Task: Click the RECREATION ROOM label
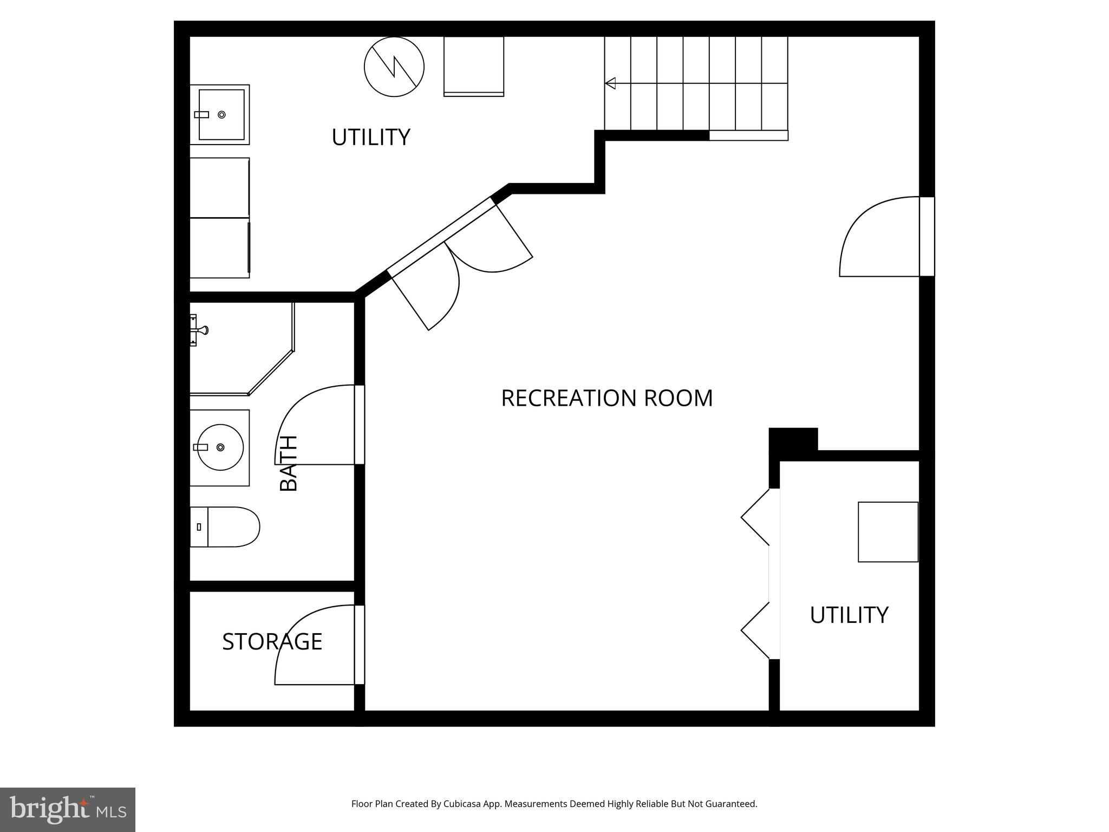[x=606, y=398]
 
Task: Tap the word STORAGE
[x=272, y=641]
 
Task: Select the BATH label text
[x=289, y=463]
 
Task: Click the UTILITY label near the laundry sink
[x=371, y=137]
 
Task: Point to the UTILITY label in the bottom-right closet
[x=849, y=615]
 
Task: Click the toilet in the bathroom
[x=225, y=527]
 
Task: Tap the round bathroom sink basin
[x=220, y=447]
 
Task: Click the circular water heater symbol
[x=394, y=67]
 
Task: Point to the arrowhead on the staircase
[x=610, y=83]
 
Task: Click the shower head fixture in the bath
[x=200, y=330]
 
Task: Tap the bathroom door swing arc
[x=314, y=422]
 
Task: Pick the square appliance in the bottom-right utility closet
[x=888, y=532]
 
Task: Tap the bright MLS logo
[x=68, y=810]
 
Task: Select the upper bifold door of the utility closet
[x=756, y=517]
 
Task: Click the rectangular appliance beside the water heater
[x=473, y=66]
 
